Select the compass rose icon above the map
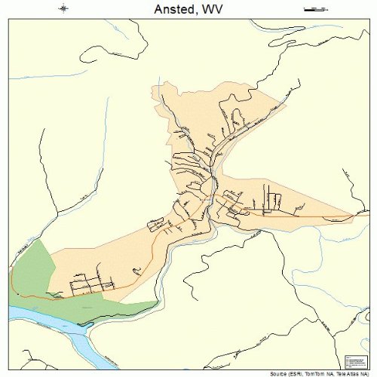click(63, 8)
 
